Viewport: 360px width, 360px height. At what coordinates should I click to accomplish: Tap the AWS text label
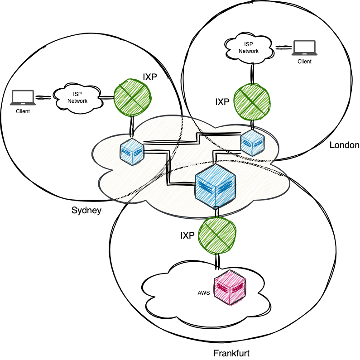204,293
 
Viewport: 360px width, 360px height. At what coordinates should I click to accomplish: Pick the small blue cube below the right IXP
252,142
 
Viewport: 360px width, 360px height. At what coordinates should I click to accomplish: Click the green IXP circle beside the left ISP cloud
132,96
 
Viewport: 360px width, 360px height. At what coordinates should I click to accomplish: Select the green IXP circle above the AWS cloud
218,235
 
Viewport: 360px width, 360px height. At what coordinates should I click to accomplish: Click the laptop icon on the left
23,98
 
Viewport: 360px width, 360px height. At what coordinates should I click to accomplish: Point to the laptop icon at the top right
304,48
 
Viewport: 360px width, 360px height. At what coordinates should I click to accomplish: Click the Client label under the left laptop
23,111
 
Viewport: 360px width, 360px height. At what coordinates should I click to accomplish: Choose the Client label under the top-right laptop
304,62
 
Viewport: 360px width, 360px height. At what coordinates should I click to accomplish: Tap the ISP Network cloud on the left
77,97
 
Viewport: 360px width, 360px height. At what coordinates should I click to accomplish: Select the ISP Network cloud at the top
249,48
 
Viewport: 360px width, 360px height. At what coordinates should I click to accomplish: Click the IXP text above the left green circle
150,77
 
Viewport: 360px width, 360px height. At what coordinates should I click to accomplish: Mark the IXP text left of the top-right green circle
222,102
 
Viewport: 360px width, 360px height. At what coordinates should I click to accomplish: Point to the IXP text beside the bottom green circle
187,235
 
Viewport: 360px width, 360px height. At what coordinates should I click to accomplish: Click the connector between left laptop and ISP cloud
44,97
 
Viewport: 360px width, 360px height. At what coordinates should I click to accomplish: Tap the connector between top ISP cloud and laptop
283,47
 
